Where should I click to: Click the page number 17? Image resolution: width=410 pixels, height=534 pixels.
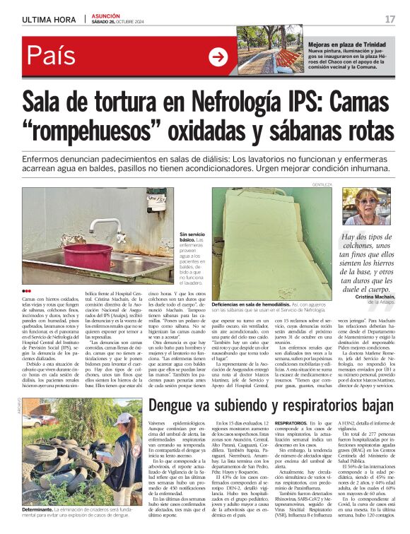[390, 18]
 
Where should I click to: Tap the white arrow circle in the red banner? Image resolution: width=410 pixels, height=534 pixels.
[218, 57]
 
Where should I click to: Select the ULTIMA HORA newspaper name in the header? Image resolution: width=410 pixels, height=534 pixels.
[49, 18]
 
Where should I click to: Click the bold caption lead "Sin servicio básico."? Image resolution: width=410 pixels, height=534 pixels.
[192, 237]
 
